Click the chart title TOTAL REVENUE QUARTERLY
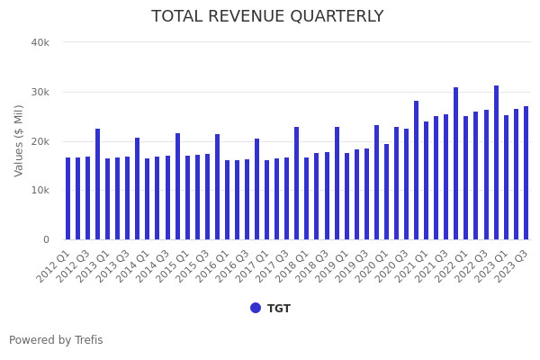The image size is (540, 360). [x=267, y=16]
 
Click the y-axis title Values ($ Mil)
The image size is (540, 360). [x=19, y=140]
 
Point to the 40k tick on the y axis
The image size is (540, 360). [x=40, y=42]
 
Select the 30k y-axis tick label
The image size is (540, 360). [x=40, y=92]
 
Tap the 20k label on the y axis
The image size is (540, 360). [x=40, y=141]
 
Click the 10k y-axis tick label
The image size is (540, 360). [x=40, y=191]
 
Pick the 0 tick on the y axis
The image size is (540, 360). [x=45, y=239]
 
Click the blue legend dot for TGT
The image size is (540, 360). [x=256, y=308]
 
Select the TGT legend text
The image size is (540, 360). [x=279, y=309]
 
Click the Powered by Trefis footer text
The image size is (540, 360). [x=56, y=340]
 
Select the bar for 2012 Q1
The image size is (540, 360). [x=67, y=199]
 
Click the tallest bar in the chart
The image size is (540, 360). [x=496, y=163]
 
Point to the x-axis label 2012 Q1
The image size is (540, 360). [x=54, y=266]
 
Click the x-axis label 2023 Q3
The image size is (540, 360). [x=512, y=266]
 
